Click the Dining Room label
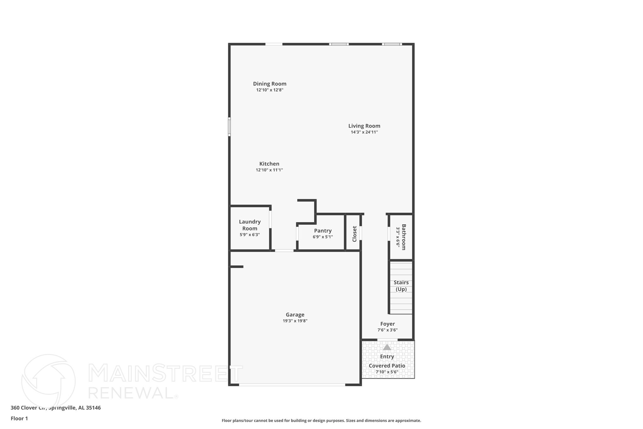click(270, 84)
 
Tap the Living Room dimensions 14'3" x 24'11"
click(364, 132)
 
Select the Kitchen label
click(269, 164)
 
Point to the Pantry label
click(323, 231)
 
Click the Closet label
click(354, 234)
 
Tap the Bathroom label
click(404, 237)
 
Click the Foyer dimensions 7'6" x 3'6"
click(387, 330)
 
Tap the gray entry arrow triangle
click(387, 347)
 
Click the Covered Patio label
click(387, 366)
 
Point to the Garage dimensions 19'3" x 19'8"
click(295, 321)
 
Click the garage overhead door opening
click(292, 384)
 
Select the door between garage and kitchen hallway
click(284, 250)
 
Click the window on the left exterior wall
click(229, 127)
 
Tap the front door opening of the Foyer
click(387, 339)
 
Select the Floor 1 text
click(19, 418)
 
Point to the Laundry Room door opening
click(270, 219)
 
